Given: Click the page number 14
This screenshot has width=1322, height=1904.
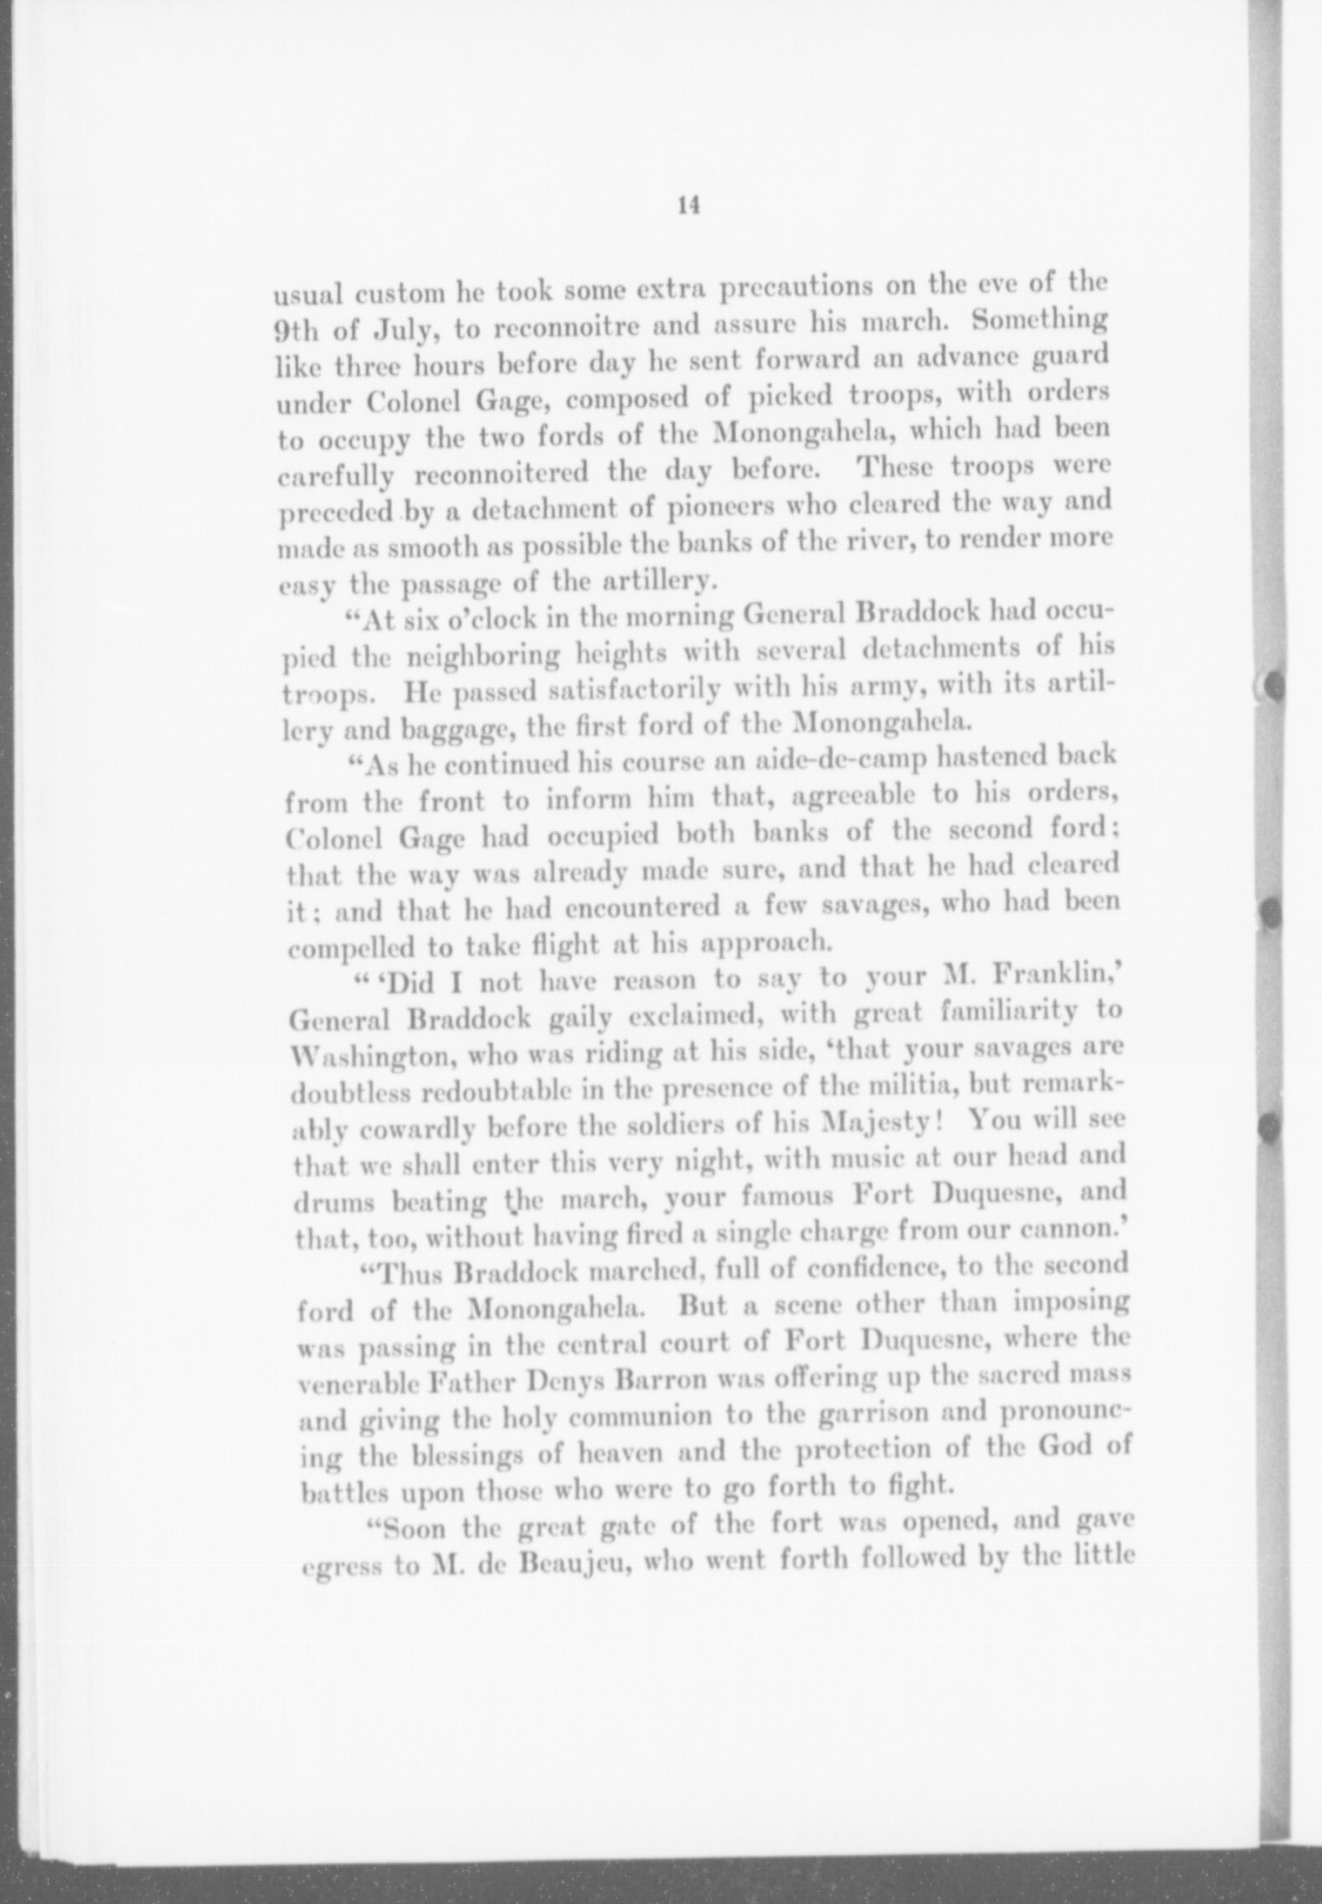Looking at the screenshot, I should pos(687,207).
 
